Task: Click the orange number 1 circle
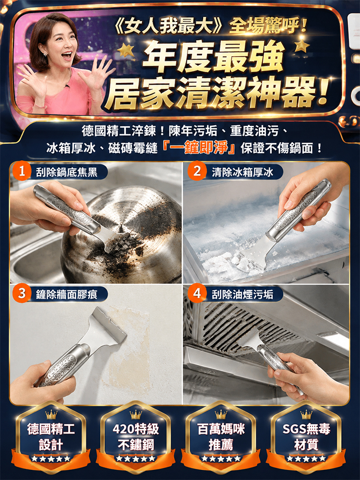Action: (22, 171)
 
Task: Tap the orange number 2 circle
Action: (197, 171)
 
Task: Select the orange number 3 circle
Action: (22, 294)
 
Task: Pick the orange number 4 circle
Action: (197, 294)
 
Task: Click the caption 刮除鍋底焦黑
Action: (66, 172)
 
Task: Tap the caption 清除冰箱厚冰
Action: (242, 172)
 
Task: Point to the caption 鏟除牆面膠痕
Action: (66, 295)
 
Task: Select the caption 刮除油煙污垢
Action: (242, 295)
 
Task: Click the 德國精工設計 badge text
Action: (51, 436)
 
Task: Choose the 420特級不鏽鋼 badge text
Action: (136, 436)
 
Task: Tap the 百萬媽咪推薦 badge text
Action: (221, 436)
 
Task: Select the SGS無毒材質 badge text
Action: (306, 436)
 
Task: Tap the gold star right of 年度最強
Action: (302, 45)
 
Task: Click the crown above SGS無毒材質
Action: (306, 414)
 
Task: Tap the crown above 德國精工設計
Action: (51, 414)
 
